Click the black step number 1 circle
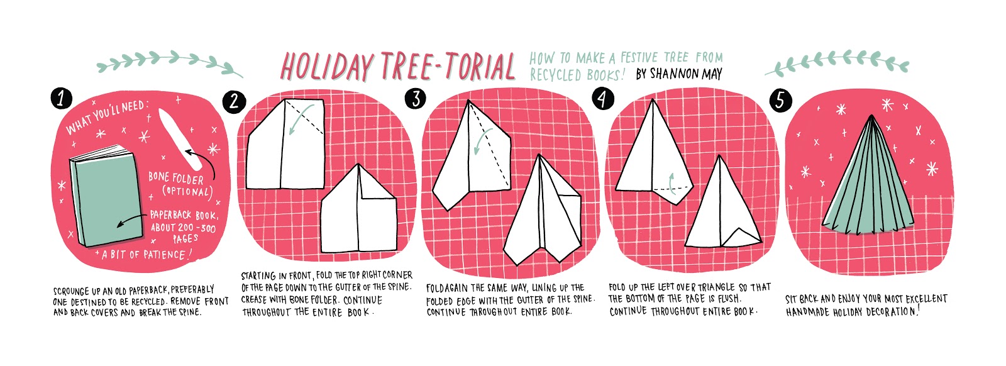pos(61,99)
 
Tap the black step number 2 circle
pos(234,102)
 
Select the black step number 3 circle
pos(416,99)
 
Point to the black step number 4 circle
pos(603,99)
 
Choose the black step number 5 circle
pos(780,100)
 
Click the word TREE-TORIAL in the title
pos(448,67)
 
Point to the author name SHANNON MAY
pos(678,74)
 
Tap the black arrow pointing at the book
pos(131,221)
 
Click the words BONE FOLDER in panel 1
pos(176,179)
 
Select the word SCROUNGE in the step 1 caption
pos(72,291)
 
